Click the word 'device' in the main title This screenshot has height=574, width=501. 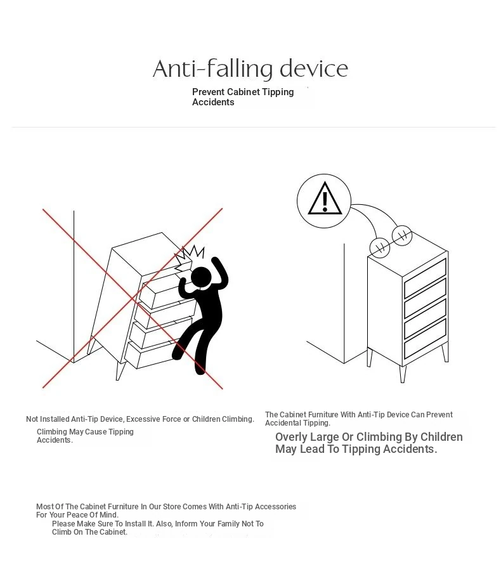pos(314,68)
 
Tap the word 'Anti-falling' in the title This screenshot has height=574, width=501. pos(212,69)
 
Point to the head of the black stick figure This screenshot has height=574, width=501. pos(201,277)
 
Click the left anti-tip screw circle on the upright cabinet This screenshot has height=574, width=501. pos(379,247)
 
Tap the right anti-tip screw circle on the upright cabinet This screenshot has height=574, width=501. pos(402,235)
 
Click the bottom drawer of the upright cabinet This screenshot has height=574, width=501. pos(425,339)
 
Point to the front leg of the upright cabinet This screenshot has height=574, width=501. pos(403,374)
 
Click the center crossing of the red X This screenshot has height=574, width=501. pos(133,298)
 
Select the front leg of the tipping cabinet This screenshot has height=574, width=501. pos(120,370)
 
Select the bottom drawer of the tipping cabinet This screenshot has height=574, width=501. pos(151,354)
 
